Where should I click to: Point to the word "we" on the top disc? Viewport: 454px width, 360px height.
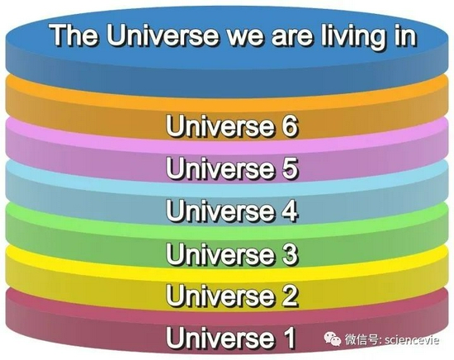coord(245,37)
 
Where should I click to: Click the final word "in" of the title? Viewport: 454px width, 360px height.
coord(404,35)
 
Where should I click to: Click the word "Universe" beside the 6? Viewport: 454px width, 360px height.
coord(220,126)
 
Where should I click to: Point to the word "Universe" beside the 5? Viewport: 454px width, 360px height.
coord(220,168)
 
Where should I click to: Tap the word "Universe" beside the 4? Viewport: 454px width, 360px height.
coord(220,211)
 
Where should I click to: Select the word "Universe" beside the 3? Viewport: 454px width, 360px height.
coord(220,253)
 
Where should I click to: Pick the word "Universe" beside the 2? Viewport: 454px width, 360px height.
coord(220,296)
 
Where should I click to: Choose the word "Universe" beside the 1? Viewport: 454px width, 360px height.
coord(220,338)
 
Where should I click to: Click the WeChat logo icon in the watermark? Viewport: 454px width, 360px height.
coord(333,339)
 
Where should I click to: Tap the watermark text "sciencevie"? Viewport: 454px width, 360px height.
coord(412,339)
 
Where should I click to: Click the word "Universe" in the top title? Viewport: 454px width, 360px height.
coord(162,35)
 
